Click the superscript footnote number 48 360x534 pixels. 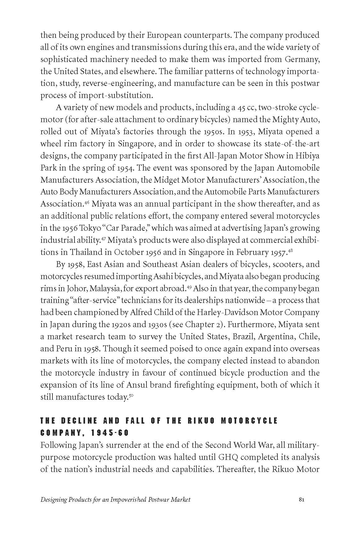[x=290, y=251]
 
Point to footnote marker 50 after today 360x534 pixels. [x=131, y=395]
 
